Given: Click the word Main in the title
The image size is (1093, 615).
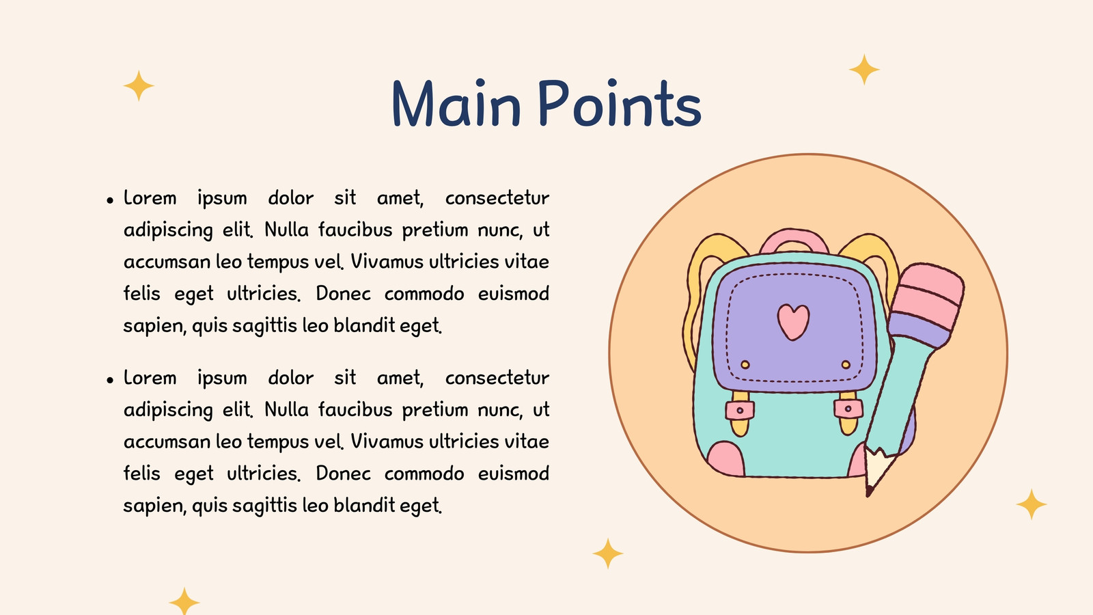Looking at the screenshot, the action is pyautogui.click(x=457, y=103).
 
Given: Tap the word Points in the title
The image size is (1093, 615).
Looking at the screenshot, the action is pyautogui.click(x=620, y=103).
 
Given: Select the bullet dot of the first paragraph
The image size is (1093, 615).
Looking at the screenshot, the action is pyautogui.click(x=110, y=200).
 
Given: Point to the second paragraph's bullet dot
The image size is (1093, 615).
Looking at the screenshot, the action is pyautogui.click(x=110, y=380).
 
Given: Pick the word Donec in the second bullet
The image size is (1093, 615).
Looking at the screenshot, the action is pyautogui.click(x=344, y=474).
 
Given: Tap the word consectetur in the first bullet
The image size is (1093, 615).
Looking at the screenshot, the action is pyautogui.click(x=497, y=198).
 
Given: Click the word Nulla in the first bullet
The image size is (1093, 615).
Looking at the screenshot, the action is pyautogui.click(x=286, y=230).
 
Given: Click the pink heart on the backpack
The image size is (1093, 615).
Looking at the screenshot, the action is pyautogui.click(x=793, y=322).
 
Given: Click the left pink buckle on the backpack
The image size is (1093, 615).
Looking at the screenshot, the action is pyautogui.click(x=740, y=410).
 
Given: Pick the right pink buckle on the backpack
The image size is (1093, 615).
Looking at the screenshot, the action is pyautogui.click(x=848, y=409).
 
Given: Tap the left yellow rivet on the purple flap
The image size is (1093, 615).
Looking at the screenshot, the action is pyautogui.click(x=745, y=365).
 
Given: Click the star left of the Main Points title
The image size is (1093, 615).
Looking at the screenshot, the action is pyautogui.click(x=139, y=85).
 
